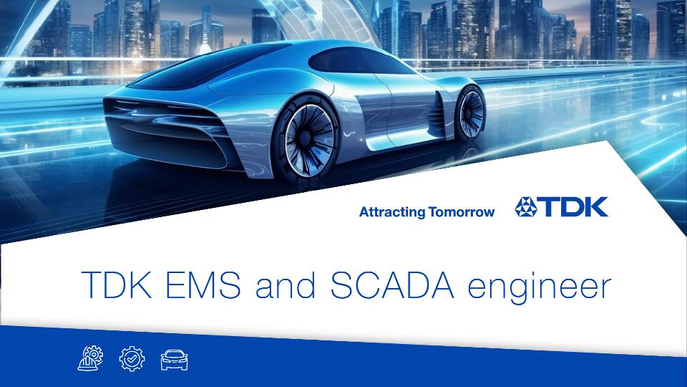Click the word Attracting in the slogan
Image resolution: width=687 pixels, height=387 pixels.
(392, 212)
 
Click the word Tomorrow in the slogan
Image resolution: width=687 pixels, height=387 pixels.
(462, 212)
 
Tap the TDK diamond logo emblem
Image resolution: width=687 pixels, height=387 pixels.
(526, 207)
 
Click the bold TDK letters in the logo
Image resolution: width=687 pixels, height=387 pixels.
(572, 207)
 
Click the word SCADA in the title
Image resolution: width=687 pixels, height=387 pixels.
(392, 285)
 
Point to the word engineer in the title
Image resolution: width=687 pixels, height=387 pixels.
(540, 287)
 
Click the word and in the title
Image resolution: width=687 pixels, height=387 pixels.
(286, 285)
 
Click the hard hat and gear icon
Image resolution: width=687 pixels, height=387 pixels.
(90, 358)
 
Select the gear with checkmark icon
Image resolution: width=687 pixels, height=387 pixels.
(132, 358)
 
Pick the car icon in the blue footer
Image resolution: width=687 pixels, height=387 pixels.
(175, 360)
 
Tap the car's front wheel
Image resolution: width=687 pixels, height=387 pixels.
(469, 112)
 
